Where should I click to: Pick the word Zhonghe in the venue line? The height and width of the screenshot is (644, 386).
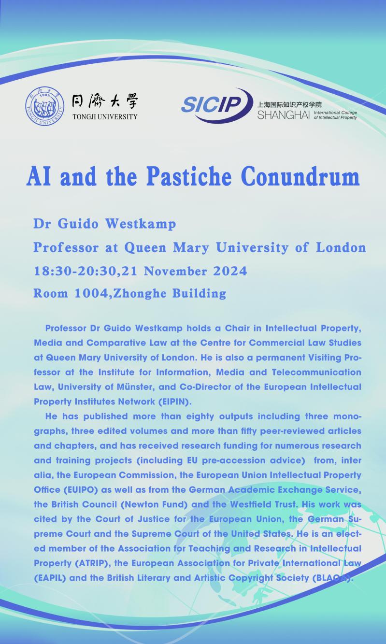coord(140,293)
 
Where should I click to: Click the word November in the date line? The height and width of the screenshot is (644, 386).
coord(172,271)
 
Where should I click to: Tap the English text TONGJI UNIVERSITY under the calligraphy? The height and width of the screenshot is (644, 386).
coord(104,116)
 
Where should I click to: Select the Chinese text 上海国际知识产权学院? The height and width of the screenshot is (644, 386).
coord(289,104)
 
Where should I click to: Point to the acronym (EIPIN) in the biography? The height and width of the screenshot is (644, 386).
coord(149,401)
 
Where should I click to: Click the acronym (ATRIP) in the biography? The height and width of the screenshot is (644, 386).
coord(90,563)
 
